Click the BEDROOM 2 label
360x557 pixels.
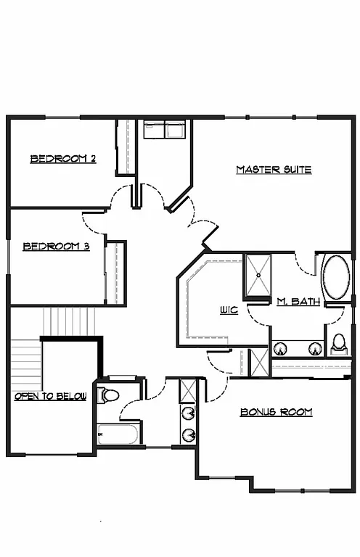coord(63,159)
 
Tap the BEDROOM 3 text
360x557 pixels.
coord(56,247)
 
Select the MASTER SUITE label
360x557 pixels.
coord(274,170)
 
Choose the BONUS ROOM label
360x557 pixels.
coord(276,412)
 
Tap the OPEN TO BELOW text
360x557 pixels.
coord(50,396)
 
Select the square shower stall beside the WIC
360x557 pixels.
coord(257,276)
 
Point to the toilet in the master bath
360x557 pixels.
coord(338,343)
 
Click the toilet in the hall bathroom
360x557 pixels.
coord(110,396)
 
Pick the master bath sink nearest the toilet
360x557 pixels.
coord(315,348)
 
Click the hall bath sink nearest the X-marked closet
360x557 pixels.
coord(189,414)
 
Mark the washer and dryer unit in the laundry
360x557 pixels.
coord(164,130)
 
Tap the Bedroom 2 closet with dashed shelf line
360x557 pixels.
coord(127,147)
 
